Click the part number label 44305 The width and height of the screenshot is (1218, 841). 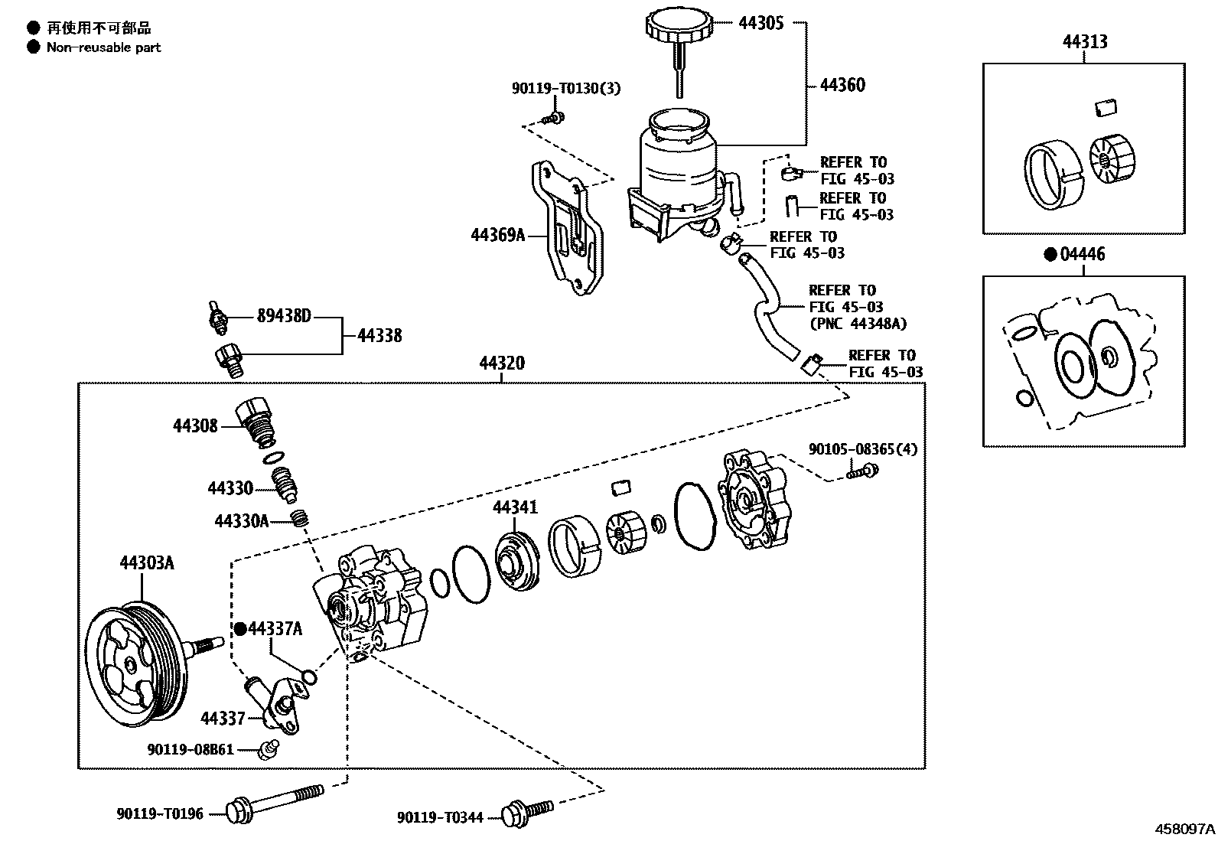click(x=760, y=23)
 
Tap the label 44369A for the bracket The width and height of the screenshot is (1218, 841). click(x=497, y=236)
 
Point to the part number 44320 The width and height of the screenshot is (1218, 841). click(x=502, y=363)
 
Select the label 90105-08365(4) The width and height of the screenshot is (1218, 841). click(x=863, y=449)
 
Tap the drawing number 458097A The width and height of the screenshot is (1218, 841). click(x=1184, y=829)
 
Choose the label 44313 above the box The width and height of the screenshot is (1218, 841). click(x=1084, y=42)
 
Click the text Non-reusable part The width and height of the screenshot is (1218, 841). click(x=103, y=47)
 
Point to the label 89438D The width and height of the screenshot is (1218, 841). click(x=282, y=316)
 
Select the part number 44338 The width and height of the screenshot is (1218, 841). click(x=379, y=336)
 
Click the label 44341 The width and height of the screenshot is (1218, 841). click(x=514, y=507)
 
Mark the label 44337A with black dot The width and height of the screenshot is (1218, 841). click(x=275, y=629)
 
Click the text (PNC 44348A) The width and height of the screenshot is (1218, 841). click(x=858, y=324)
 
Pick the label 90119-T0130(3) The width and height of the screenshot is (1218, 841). click(x=566, y=90)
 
